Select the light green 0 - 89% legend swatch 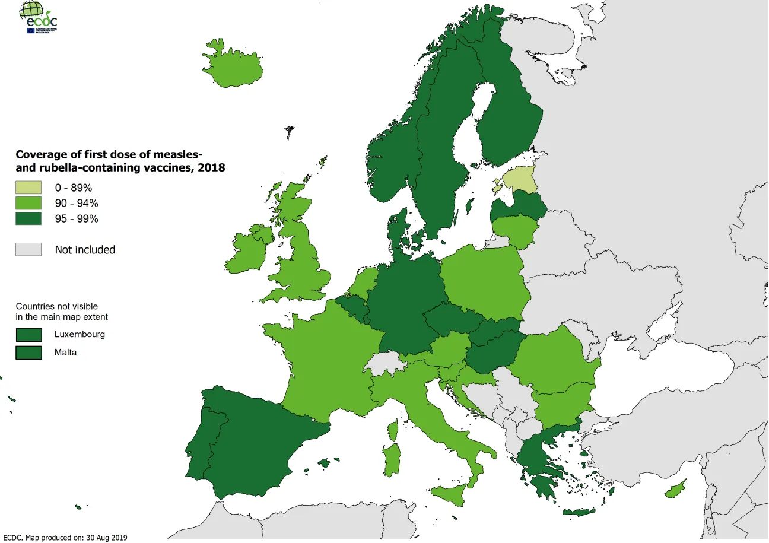pyautogui.click(x=28, y=188)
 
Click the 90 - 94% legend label pyautogui.click(x=77, y=203)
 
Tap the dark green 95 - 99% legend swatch pyautogui.click(x=28, y=218)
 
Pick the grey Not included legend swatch pyautogui.click(x=28, y=249)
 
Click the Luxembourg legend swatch pyautogui.click(x=28, y=334)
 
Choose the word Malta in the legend pyautogui.click(x=65, y=352)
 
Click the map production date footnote pyautogui.click(x=65, y=538)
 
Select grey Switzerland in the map pyautogui.click(x=383, y=363)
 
